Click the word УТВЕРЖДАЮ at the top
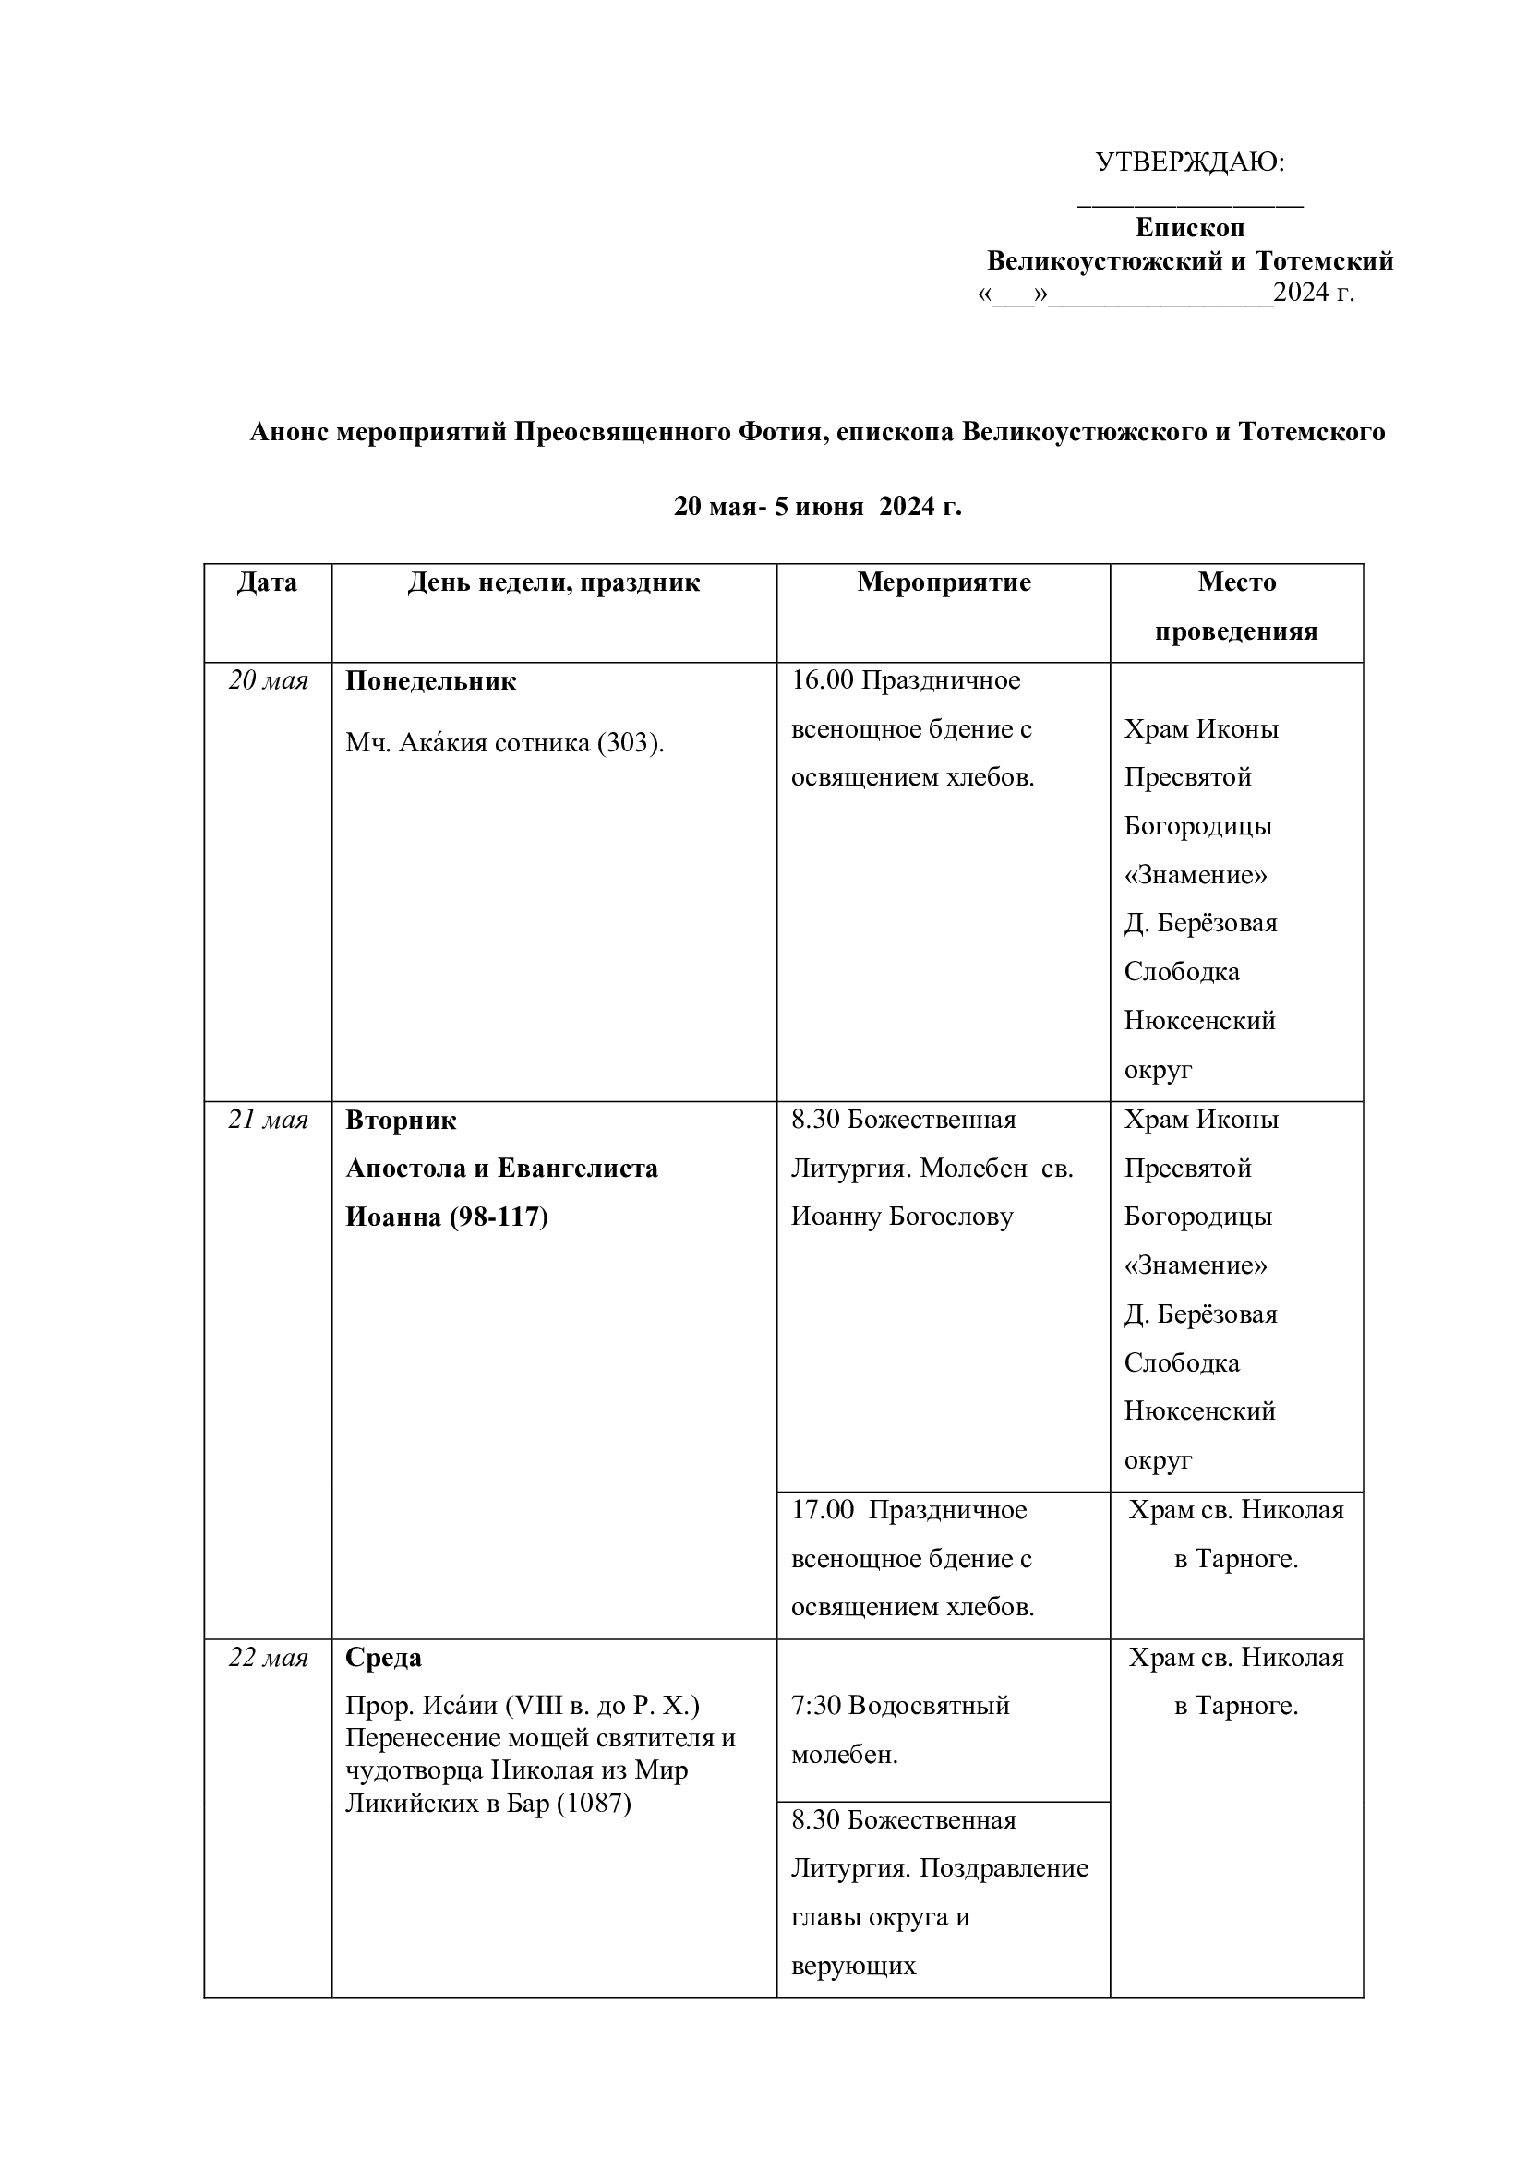[x=1188, y=162]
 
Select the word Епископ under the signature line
[x=1189, y=228]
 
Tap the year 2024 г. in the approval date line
[x=1314, y=293]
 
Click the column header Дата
[x=267, y=582]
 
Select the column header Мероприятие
[x=944, y=582]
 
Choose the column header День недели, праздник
[x=554, y=582]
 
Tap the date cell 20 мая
[x=268, y=680]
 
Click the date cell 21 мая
[x=268, y=1120]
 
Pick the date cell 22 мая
[x=268, y=1658]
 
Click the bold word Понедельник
[x=430, y=681]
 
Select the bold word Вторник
[x=401, y=1121]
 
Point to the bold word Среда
[x=384, y=1658]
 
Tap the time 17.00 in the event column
[x=822, y=1510]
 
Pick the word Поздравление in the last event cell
[x=1004, y=1867]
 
